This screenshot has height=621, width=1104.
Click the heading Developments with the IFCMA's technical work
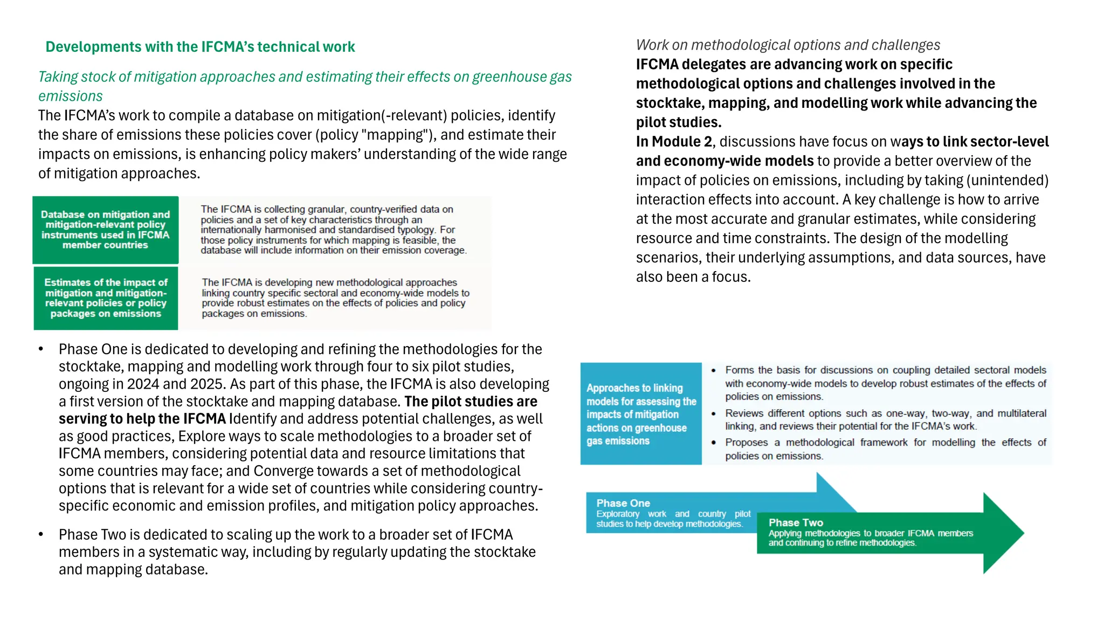200,47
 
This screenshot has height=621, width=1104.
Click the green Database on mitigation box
106,230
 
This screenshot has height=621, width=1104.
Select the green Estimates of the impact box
106,298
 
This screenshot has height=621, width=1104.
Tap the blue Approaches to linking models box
641,414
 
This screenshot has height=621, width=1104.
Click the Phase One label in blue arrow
623,503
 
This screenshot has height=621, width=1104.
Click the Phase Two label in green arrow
796,522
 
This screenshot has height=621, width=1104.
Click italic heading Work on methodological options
788,45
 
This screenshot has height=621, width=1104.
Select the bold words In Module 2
674,142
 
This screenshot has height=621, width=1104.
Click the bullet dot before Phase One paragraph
41,350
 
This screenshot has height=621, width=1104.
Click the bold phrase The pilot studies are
471,402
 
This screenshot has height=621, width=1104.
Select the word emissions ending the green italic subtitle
70,96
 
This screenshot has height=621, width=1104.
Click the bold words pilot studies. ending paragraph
678,122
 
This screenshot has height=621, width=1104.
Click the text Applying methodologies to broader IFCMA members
870,534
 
